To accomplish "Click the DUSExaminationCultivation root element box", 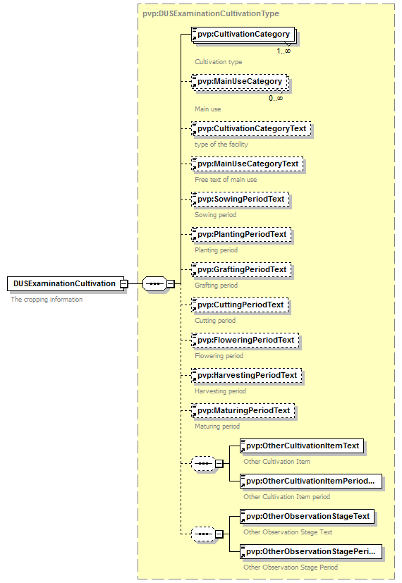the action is click(66, 283).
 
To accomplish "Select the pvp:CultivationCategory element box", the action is click(243, 35).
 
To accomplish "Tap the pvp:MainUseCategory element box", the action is click(240, 82).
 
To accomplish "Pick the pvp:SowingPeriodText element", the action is click(240, 200).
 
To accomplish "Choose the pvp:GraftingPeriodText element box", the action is click(241, 269).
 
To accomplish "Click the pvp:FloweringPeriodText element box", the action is click(245, 340).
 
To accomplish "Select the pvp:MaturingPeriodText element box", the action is click(243, 410).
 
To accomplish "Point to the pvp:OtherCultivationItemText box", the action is click(302, 446).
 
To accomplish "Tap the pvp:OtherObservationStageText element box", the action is click(307, 517).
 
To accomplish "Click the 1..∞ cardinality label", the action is click(284, 51).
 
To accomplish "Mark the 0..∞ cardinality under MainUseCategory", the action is click(276, 98).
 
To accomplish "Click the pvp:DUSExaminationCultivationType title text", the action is click(210, 14).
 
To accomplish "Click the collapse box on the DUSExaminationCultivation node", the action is click(124, 283).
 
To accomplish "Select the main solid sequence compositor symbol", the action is click(154, 283).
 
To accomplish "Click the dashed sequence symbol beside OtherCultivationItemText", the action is click(203, 464).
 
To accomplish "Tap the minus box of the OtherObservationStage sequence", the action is click(219, 534).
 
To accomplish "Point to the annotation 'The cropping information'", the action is click(47, 300).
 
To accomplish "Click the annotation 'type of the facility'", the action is click(221, 145).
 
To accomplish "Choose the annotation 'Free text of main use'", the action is click(226, 180).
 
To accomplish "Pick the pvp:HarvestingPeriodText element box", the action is click(247, 376).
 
